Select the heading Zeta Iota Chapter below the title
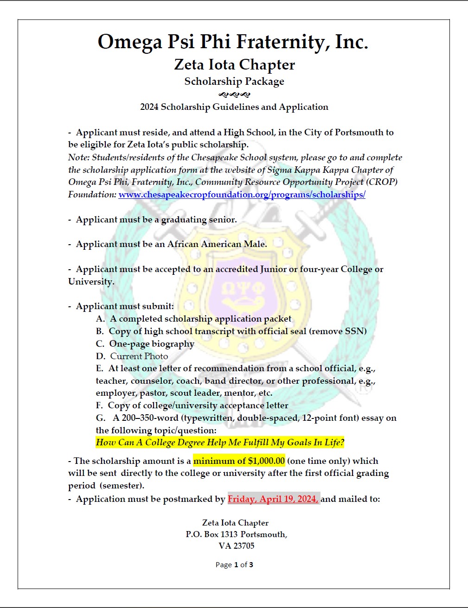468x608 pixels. [x=234, y=64]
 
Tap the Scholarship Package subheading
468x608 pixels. [x=234, y=82]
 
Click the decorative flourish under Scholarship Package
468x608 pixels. [x=234, y=95]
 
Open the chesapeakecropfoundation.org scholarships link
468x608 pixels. [x=242, y=195]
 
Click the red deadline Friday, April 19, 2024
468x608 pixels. [x=273, y=499]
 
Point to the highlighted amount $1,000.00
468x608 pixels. [x=266, y=461]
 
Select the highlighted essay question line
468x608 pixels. [x=220, y=443]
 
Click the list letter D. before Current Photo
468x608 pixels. [x=101, y=356]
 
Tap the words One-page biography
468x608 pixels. [x=152, y=344]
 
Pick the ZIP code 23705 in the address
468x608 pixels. [x=244, y=546]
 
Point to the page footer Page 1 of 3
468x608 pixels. [x=234, y=565]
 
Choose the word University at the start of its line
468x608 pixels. [x=90, y=282]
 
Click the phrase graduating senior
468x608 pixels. [x=199, y=220]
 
